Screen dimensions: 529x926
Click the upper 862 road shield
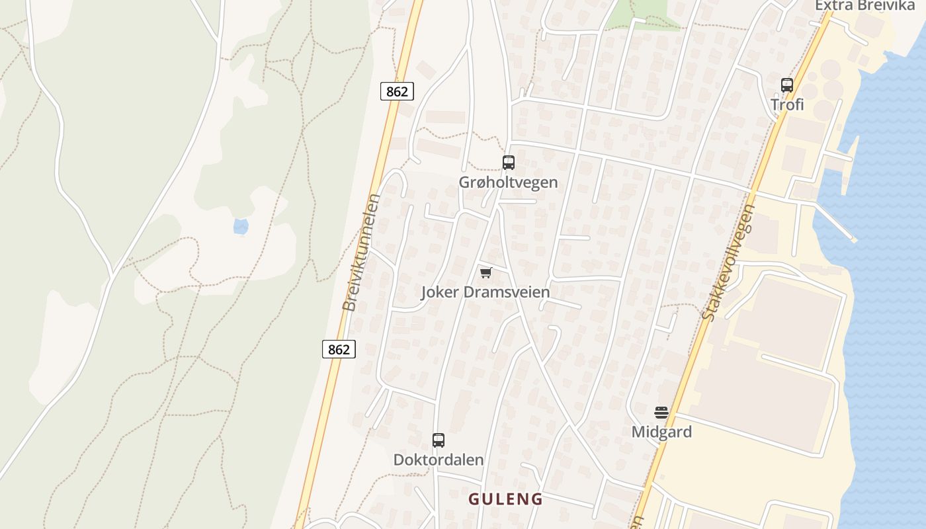pos(397,91)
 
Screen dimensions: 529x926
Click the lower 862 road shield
pos(339,349)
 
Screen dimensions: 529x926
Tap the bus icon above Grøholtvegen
pos(508,163)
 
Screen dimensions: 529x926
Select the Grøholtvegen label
pos(508,182)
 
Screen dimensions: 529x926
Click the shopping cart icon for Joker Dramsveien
pos(486,272)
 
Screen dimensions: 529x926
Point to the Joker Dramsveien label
pos(485,292)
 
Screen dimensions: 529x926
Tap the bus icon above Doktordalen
pos(438,440)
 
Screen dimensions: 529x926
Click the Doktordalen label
pos(438,460)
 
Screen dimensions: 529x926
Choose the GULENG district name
pos(505,499)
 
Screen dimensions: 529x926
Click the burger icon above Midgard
pos(661,413)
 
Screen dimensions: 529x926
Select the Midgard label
pos(661,432)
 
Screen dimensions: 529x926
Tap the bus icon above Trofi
pos(786,85)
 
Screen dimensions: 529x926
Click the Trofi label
pos(786,104)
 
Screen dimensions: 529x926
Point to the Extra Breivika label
pos(864,5)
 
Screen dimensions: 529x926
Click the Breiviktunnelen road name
pos(360,253)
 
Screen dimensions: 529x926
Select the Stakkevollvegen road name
pos(728,263)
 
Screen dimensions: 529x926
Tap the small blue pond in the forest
pos(241,227)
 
